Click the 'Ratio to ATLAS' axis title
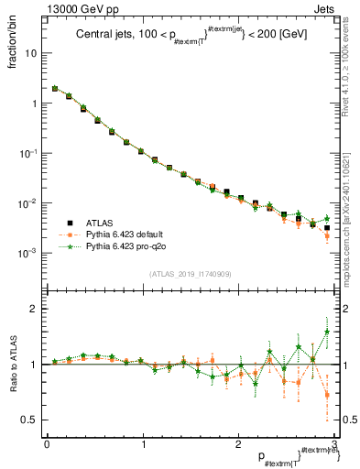click(x=13, y=364)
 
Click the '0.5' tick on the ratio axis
click(x=31, y=420)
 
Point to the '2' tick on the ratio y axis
click(x=36, y=309)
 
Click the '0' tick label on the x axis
click(x=46, y=445)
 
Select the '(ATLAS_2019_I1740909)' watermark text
click(x=189, y=274)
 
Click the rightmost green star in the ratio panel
click(x=327, y=332)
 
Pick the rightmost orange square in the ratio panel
click(x=327, y=396)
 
